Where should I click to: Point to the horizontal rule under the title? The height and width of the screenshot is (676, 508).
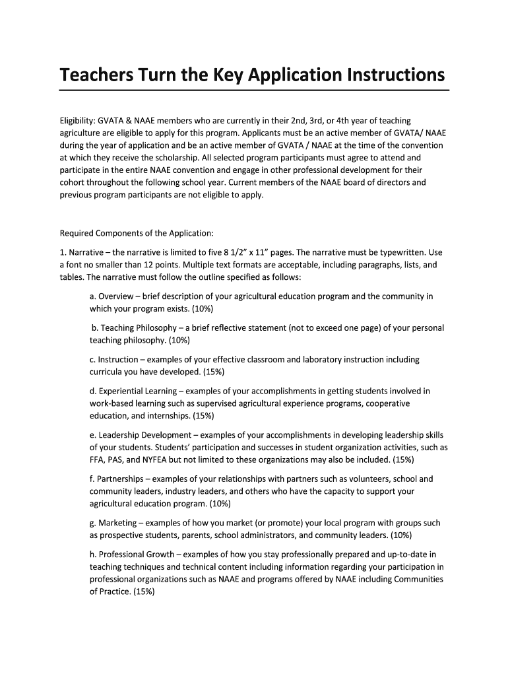254,90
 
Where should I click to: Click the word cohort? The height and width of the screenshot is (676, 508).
73,183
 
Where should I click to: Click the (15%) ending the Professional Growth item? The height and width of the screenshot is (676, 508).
144,591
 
